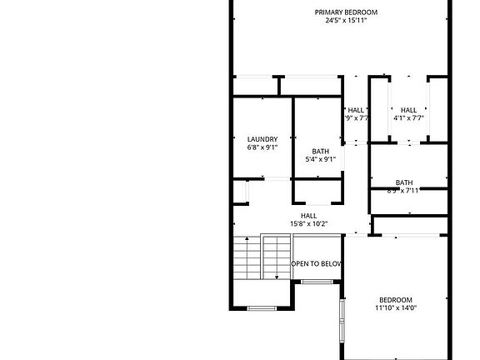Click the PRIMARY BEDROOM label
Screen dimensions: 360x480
[346, 12]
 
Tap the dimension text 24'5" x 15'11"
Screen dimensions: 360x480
[346, 20]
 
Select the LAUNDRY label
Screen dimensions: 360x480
[262, 139]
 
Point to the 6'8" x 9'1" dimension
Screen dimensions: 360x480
[262, 147]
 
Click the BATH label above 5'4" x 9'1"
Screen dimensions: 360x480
[321, 151]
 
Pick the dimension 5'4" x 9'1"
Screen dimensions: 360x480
[321, 159]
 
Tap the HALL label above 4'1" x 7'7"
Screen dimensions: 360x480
[408, 110]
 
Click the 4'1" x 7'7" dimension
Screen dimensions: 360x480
[408, 118]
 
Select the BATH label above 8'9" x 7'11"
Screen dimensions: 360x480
[404, 182]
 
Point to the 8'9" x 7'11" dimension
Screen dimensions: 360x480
[404, 191]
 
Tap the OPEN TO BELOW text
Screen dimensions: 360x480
[317, 264]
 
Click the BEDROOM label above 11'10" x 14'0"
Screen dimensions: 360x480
[395, 300]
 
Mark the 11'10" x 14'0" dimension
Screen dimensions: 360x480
[395, 308]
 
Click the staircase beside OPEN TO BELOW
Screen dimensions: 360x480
[262, 257]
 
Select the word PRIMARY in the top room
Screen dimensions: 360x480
[329, 12]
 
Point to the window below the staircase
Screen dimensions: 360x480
[262, 308]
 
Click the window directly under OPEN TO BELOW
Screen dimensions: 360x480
[317, 282]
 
